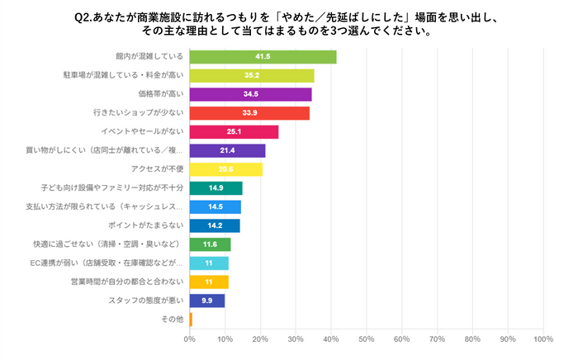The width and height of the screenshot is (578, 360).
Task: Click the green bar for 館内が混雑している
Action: pos(263,57)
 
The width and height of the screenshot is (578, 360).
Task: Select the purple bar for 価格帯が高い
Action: pos(250,94)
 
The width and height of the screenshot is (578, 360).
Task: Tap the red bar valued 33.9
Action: pos(249,113)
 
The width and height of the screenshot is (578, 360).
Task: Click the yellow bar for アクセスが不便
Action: pos(225,169)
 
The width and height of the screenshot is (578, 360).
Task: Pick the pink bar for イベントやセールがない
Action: pos(234,132)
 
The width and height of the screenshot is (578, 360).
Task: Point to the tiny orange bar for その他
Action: pos(191,319)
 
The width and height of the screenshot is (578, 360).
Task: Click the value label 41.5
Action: pos(263,57)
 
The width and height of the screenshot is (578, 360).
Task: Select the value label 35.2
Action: pos(252,76)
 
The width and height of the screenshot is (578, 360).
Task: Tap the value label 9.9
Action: pos(207,301)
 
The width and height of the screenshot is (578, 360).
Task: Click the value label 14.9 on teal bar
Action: pos(216,188)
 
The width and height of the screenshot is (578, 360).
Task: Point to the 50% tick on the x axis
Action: pos(366,339)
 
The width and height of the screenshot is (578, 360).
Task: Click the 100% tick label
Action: pos(542,339)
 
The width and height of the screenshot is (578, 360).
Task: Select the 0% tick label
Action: pos(190,339)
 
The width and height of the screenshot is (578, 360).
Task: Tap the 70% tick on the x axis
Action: pos(437,339)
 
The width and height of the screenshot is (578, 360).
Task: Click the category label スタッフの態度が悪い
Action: pos(147,301)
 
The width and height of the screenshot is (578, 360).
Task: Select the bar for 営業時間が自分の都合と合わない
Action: pos(209,282)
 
